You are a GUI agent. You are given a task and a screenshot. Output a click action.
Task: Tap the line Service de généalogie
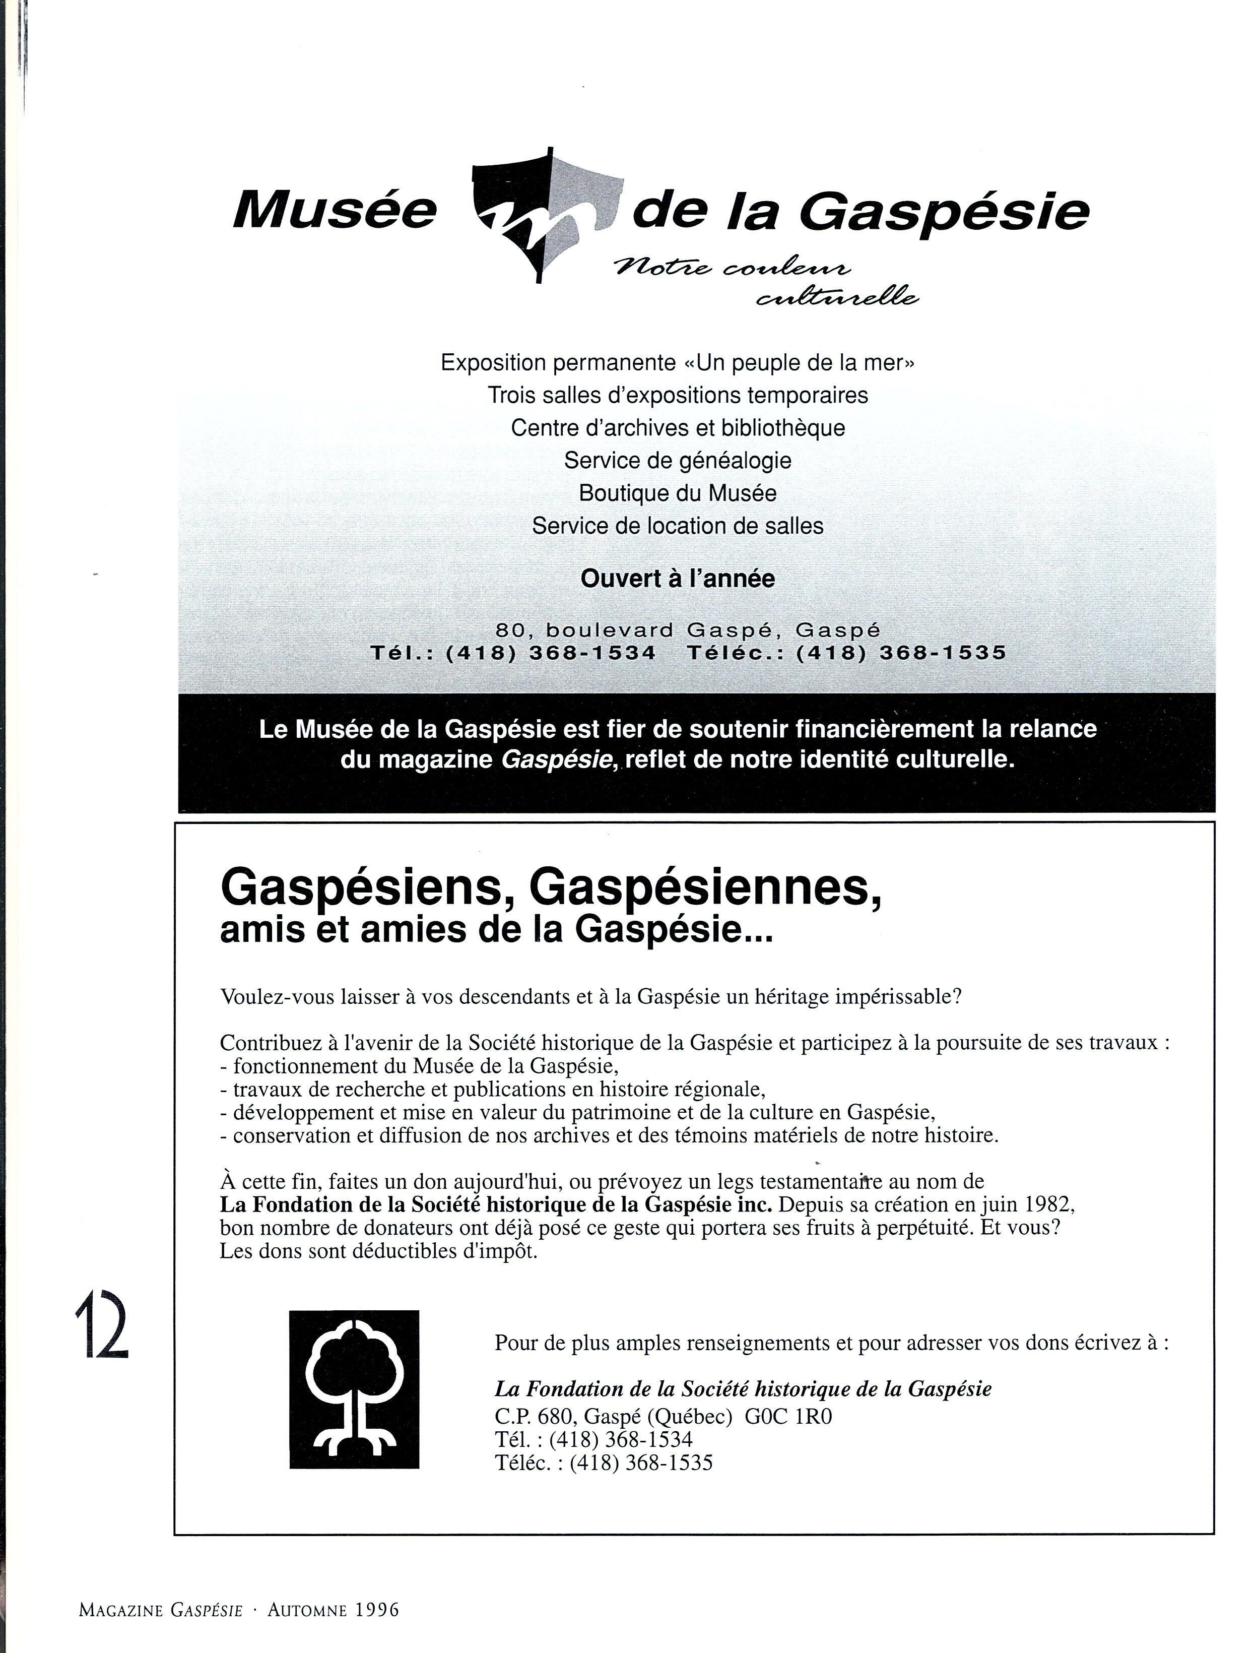[x=678, y=460]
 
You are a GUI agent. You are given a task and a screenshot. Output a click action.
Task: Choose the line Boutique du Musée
[x=678, y=493]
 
